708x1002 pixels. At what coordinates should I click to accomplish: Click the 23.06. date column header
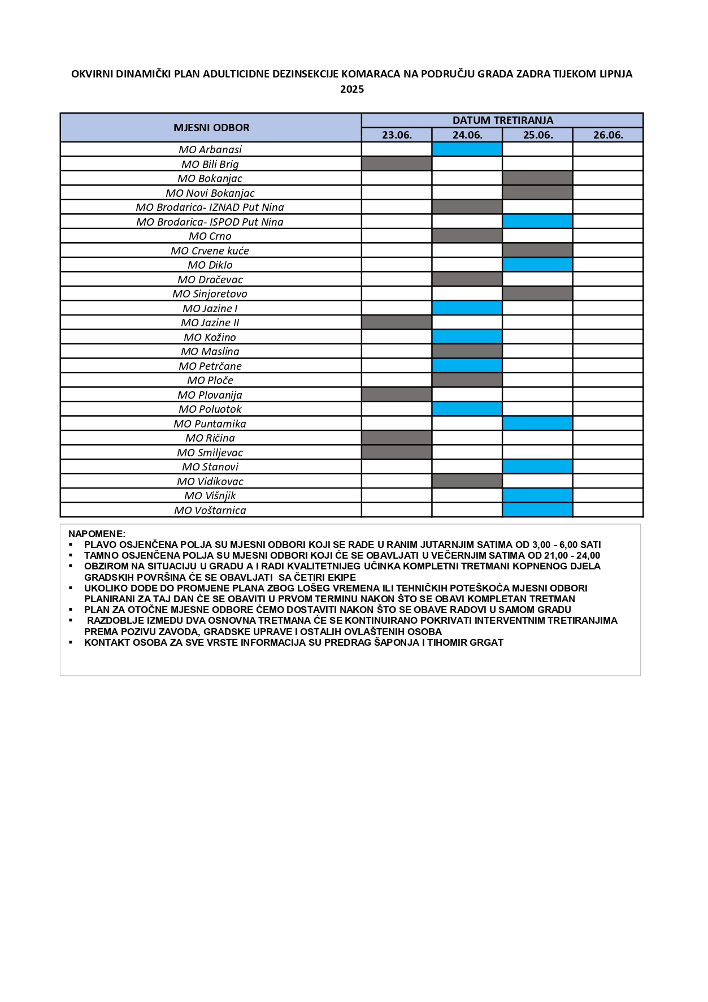point(397,135)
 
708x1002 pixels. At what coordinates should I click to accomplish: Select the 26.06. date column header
point(608,135)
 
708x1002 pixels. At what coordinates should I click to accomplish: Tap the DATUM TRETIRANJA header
point(502,120)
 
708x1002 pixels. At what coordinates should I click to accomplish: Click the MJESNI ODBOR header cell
point(211,128)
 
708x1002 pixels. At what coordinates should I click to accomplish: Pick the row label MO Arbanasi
point(210,150)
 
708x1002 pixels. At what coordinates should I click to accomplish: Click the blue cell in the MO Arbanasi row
point(467,149)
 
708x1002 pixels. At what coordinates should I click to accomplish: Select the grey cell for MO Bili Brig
point(397,164)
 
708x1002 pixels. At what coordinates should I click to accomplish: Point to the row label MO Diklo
point(210,265)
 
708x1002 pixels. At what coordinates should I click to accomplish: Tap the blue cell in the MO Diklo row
point(537,265)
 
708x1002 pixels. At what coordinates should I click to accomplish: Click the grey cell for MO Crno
point(467,236)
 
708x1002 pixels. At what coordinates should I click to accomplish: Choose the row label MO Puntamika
point(210,424)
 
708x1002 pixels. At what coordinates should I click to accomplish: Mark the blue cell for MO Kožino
point(467,337)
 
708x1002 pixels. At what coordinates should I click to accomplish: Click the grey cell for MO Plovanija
point(397,395)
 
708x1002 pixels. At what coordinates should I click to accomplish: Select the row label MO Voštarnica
point(210,511)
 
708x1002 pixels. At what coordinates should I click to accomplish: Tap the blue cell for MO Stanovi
point(537,467)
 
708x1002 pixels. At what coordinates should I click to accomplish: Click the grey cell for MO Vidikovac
point(467,481)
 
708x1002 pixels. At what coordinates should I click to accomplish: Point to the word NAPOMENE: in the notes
point(97,534)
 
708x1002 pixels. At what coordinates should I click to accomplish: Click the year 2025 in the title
point(352,89)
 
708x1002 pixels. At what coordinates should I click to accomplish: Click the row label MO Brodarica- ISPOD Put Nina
point(210,222)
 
